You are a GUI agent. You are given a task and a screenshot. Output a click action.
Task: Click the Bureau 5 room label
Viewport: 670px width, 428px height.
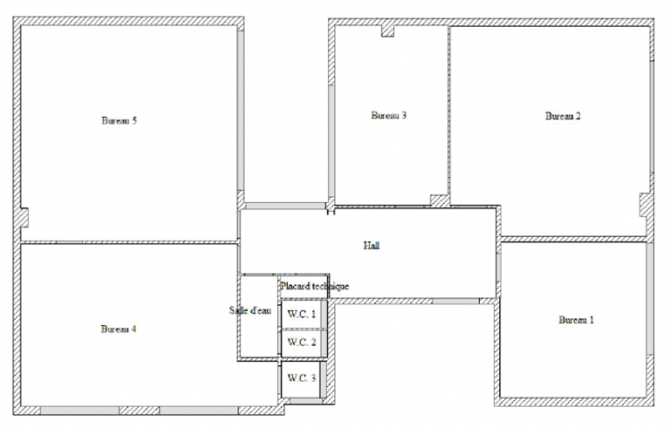pos(119,121)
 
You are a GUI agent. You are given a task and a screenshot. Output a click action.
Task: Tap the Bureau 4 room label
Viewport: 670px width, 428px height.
pos(118,329)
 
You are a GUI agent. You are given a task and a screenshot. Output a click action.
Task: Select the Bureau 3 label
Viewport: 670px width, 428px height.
pos(389,115)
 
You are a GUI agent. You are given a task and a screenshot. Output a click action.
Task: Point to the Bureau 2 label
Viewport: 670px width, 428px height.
pos(563,116)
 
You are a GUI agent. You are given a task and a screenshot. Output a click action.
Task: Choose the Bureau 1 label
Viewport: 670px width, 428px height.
pos(576,320)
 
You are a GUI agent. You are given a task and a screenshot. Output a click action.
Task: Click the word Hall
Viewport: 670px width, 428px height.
pos(372,246)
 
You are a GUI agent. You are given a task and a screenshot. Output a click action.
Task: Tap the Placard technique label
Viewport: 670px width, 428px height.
pos(314,286)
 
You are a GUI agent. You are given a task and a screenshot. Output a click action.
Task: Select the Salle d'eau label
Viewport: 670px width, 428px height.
pos(250,310)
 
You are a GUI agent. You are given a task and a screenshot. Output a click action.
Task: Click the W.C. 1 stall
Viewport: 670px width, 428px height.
pos(302,314)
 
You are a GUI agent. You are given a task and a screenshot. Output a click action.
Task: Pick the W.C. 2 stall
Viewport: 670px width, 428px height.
pos(302,342)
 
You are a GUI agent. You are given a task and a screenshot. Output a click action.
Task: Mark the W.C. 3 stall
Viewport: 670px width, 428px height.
pos(302,379)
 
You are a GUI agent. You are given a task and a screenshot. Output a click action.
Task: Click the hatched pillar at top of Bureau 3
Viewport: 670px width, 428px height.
pos(388,30)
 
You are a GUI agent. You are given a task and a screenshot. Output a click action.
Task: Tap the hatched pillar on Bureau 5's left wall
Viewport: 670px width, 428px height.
pos(24,218)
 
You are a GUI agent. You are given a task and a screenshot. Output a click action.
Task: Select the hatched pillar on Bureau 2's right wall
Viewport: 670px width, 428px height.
pos(646,205)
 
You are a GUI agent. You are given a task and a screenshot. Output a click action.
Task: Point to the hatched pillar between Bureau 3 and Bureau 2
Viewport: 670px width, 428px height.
pos(440,200)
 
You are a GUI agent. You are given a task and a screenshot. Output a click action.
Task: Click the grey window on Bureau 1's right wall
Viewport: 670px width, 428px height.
pos(650,298)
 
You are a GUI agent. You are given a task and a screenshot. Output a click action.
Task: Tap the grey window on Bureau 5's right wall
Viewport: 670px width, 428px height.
pos(241,111)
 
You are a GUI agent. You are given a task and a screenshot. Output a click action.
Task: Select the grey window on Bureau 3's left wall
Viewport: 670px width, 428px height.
pos(331,141)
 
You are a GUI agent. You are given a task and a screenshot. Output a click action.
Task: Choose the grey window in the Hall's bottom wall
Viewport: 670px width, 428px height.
pos(456,301)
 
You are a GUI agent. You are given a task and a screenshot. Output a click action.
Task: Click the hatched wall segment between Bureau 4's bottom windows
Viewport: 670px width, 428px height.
pos(139,410)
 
